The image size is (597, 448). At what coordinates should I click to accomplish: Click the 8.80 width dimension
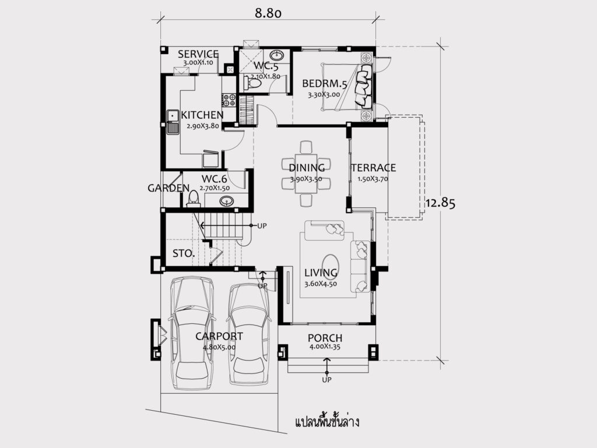click(x=268, y=13)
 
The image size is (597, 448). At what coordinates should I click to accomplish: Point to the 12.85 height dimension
click(x=440, y=203)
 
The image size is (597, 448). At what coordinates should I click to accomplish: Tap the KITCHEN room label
click(x=202, y=115)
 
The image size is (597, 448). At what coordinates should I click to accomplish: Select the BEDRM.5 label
click(x=325, y=84)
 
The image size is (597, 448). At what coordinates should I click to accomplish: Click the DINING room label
click(x=307, y=168)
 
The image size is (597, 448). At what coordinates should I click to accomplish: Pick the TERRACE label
click(x=374, y=168)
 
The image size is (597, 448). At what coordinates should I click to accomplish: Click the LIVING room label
click(x=321, y=273)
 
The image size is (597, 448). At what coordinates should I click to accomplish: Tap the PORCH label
click(x=325, y=338)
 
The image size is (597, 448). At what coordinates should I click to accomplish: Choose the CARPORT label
click(x=219, y=336)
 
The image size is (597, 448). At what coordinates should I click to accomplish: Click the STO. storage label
click(x=184, y=253)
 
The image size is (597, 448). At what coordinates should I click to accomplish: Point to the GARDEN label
click(x=168, y=188)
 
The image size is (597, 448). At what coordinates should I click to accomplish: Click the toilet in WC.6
click(x=194, y=199)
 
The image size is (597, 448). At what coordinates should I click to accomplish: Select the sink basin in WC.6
click(x=227, y=201)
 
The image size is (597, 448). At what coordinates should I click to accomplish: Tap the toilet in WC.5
click(x=251, y=83)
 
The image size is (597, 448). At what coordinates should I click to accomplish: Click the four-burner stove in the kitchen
click(x=229, y=100)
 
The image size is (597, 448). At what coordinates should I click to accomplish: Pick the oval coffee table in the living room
click(x=330, y=264)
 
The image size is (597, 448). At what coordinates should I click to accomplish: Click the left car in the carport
click(x=192, y=333)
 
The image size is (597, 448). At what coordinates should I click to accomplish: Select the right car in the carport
click(x=249, y=334)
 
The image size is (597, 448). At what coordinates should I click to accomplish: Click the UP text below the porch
click(x=326, y=379)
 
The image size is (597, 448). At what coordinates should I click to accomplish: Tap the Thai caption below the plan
click(x=327, y=422)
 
